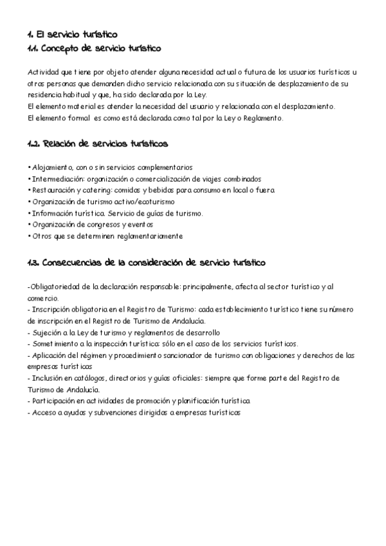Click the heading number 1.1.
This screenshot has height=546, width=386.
[33, 48]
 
